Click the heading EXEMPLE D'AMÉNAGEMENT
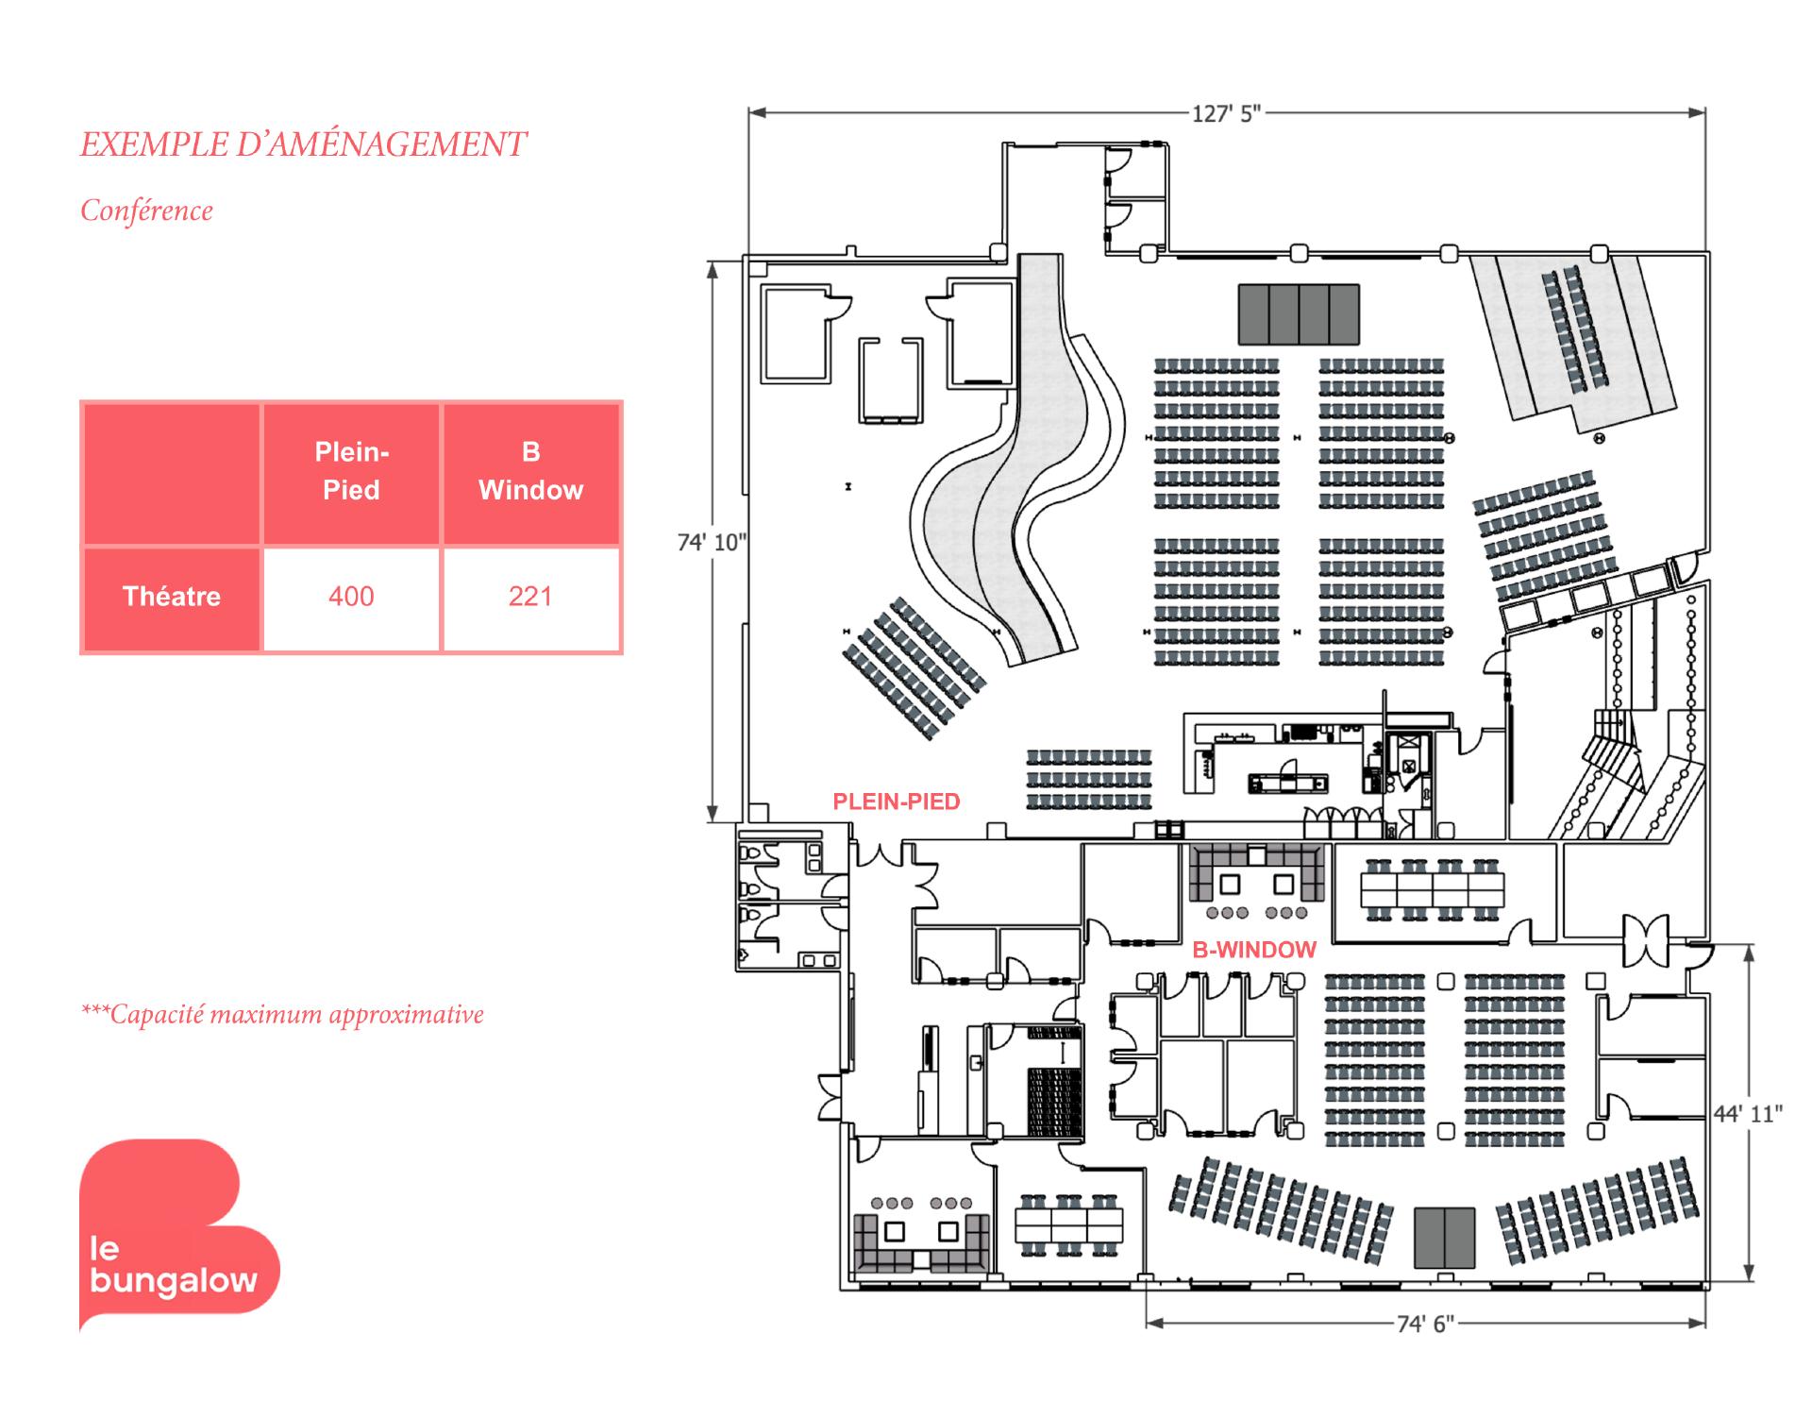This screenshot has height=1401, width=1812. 303,144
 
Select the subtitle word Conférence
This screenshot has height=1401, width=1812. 146,211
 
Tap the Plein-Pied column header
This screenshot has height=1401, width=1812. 351,471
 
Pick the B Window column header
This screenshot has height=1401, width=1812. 530,471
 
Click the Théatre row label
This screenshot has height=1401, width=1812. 172,597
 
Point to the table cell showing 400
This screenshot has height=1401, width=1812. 351,597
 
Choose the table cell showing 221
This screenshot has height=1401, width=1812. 530,597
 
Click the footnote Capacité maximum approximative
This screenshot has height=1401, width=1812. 283,1015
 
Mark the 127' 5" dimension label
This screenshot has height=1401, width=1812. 1226,114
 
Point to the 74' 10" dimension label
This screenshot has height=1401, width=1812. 712,542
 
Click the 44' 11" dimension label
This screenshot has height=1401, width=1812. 1748,1114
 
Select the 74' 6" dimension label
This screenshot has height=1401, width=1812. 1426,1325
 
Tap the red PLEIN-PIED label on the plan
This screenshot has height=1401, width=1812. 896,802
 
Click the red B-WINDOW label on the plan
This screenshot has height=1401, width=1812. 1254,950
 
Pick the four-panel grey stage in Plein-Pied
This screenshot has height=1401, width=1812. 1299,314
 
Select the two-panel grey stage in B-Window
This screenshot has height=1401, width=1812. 1444,1237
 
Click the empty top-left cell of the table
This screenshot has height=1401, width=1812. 172,473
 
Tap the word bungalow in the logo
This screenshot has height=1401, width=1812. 175,1281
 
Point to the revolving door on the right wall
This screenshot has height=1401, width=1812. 1646,940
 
